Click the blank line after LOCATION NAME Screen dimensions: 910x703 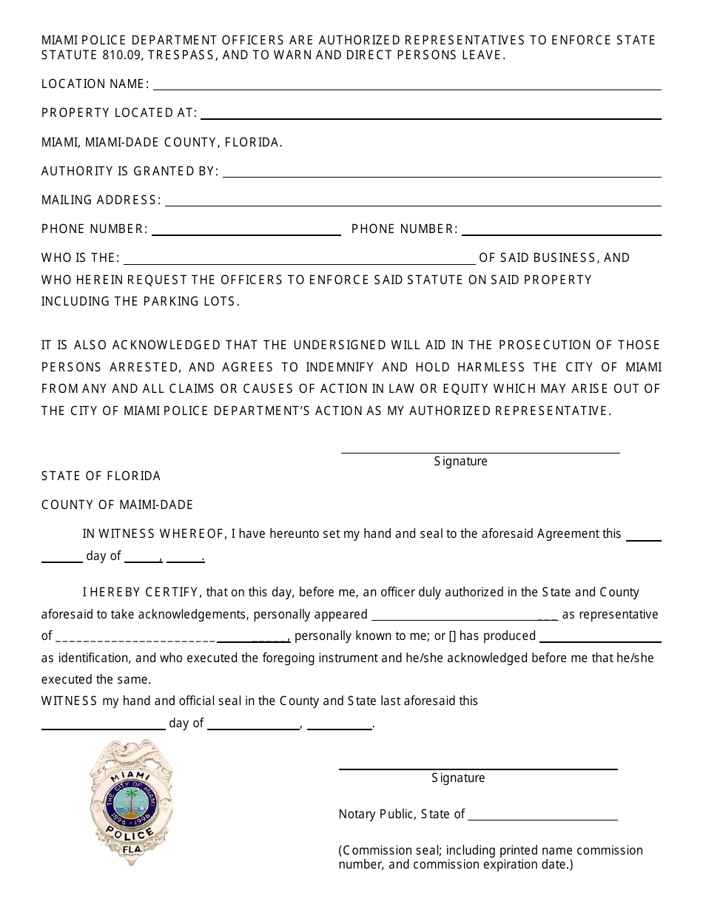(x=406, y=88)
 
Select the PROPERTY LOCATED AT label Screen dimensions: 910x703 (x=119, y=113)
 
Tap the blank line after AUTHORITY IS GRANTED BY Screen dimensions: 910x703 (x=442, y=175)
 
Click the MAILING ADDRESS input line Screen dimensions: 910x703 (x=412, y=204)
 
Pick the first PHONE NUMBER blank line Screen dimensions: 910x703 (x=246, y=233)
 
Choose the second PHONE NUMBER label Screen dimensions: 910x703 (x=404, y=229)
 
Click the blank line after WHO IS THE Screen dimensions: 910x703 (x=300, y=262)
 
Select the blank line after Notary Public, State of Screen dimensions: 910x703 (x=542, y=819)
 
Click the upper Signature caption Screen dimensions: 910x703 (x=460, y=462)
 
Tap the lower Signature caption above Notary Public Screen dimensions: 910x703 (x=458, y=778)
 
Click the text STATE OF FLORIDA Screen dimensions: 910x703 (x=101, y=476)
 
